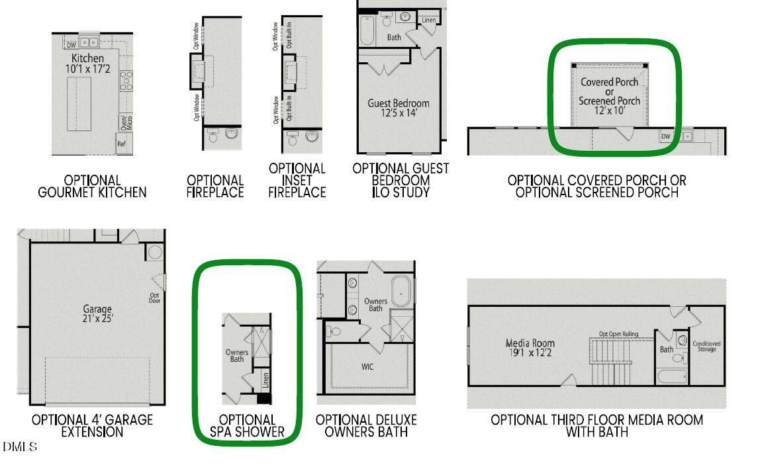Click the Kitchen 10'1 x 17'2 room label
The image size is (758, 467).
coord(87,64)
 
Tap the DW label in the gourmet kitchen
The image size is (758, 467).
coord(71,45)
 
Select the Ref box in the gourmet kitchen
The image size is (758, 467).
coord(122,144)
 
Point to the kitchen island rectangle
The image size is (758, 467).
coord(79,104)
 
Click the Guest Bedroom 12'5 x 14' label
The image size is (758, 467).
coord(399,108)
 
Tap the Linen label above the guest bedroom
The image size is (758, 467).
coord(429,21)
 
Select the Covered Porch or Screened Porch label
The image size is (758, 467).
coord(610,97)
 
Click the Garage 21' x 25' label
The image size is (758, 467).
coord(98,314)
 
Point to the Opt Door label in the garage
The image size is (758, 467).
coord(155,298)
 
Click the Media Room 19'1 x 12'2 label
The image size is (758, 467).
coord(530,348)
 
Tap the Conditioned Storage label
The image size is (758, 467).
coord(706,346)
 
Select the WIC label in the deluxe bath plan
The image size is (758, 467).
coord(367,366)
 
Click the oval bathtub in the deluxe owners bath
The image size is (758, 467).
coord(402,290)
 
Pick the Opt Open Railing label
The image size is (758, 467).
coord(618,334)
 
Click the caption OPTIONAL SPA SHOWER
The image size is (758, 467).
coord(247,426)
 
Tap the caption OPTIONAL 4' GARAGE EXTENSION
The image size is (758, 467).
coord(92,426)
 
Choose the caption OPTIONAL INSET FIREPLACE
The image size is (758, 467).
coord(297,181)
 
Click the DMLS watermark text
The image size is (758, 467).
coord(20,447)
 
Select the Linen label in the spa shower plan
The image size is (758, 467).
coord(265,380)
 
